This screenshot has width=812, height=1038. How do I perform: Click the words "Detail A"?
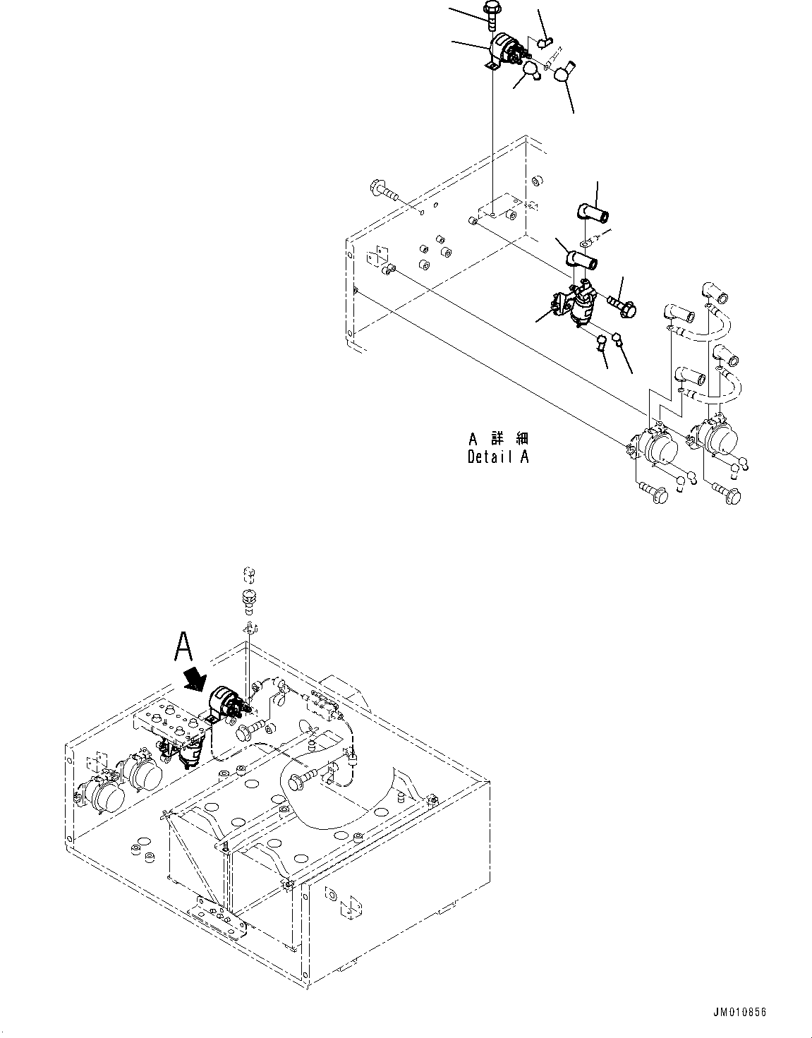point(497,457)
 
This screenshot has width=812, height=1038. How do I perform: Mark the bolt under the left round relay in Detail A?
point(653,493)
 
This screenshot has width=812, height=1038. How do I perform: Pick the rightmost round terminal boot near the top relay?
point(564,72)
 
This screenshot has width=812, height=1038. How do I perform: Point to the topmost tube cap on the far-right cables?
point(712,291)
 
